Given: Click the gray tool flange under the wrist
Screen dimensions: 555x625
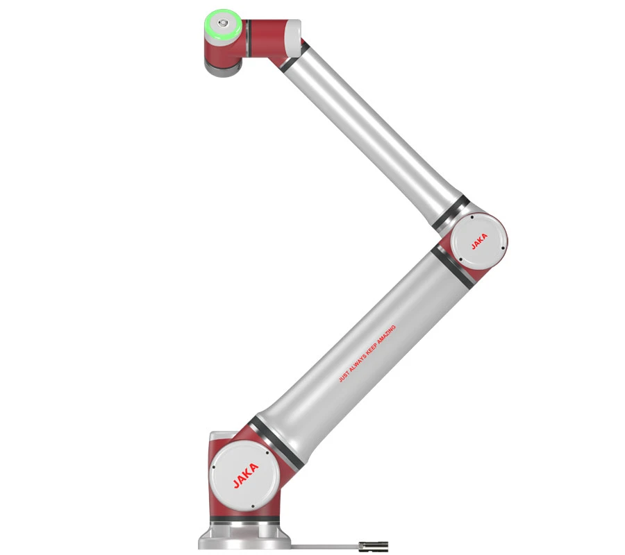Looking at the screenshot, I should [x=221, y=65].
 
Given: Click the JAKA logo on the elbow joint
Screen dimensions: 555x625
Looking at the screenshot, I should [x=479, y=240].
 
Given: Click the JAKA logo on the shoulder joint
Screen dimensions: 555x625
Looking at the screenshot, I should [x=246, y=477].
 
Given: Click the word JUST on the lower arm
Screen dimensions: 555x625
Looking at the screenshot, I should [x=342, y=377].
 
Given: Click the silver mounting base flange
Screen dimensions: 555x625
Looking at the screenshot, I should [x=243, y=538].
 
